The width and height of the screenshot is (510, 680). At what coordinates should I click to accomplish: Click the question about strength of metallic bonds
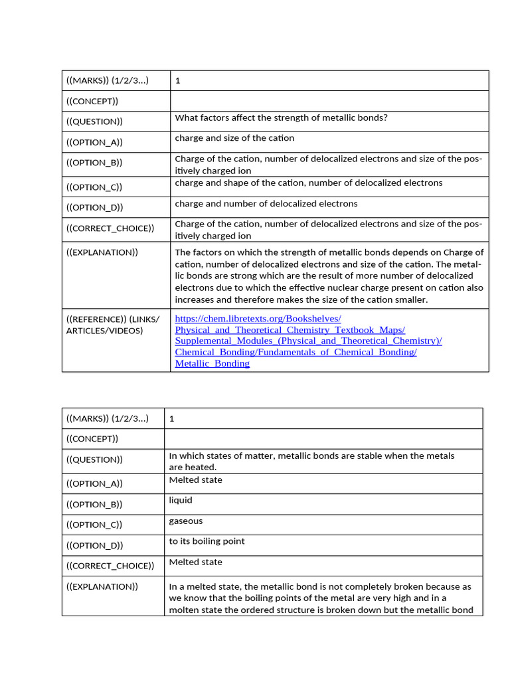pyautogui.click(x=281, y=118)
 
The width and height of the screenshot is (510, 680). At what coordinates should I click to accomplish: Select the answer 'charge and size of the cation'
pyautogui.click(x=234, y=138)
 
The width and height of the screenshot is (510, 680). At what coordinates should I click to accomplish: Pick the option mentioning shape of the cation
pyautogui.click(x=308, y=183)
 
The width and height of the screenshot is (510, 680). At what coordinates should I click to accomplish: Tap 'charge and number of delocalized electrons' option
pyautogui.click(x=266, y=203)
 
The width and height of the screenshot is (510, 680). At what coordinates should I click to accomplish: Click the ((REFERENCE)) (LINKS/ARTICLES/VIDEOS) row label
pyautogui.click(x=104, y=325)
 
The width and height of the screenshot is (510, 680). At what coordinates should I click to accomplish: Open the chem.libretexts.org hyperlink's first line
pyautogui.click(x=258, y=319)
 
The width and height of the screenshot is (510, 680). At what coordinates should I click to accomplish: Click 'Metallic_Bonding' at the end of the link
pyautogui.click(x=212, y=363)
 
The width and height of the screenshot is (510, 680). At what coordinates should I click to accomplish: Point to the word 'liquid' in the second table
pyautogui.click(x=181, y=500)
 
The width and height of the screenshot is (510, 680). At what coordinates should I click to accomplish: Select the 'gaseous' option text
pyautogui.click(x=186, y=521)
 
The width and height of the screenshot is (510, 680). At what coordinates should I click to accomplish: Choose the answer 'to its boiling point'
pyautogui.click(x=207, y=541)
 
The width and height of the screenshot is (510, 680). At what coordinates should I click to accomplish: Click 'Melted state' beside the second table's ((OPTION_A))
pyautogui.click(x=195, y=479)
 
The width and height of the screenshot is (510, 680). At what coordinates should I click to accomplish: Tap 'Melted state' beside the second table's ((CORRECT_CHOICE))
pyautogui.click(x=195, y=562)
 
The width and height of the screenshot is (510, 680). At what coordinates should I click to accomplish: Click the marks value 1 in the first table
pyautogui.click(x=177, y=81)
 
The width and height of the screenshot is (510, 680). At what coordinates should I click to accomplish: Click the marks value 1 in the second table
pyautogui.click(x=172, y=418)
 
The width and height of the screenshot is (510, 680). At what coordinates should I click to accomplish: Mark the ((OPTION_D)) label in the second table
pyautogui.click(x=94, y=545)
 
